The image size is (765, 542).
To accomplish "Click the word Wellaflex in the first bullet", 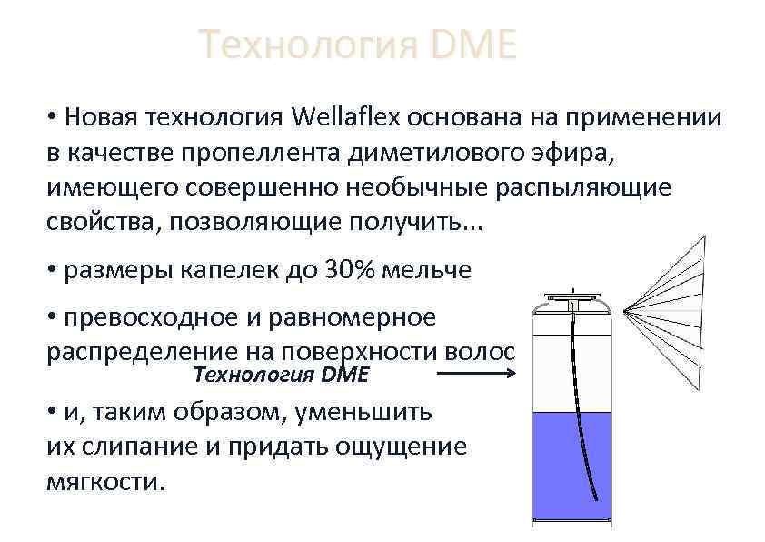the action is tap(346, 118).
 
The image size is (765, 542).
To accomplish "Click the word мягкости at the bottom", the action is tap(105, 480).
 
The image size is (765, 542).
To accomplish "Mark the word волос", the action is tap(478, 352).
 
